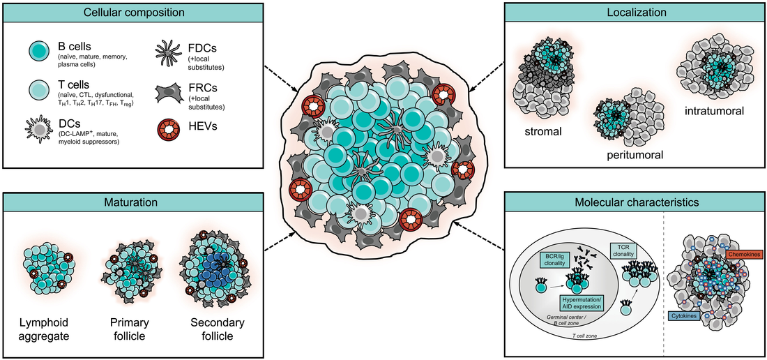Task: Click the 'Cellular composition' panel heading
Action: coord(133,12)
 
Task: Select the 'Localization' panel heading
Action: coord(633,12)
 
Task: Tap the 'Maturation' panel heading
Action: coord(132,202)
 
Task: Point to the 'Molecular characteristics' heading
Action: coord(633,202)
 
